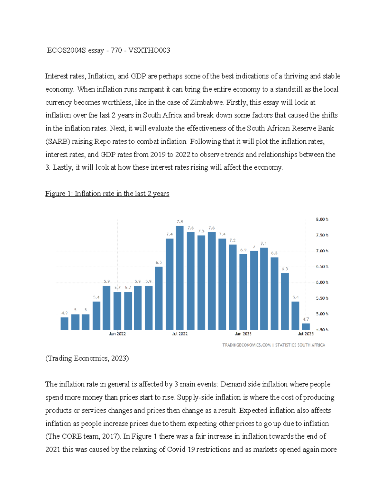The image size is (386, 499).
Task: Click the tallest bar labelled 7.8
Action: pyautogui.click(x=180, y=278)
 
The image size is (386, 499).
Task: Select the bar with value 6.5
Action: pyautogui.click(x=159, y=298)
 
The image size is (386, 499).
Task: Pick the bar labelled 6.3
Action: pyautogui.click(x=285, y=301)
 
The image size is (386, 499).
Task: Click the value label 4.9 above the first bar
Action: pyautogui.click(x=65, y=313)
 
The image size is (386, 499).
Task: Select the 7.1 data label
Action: pyautogui.click(x=264, y=244)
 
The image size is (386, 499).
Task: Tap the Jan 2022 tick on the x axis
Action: pyautogui.click(x=117, y=334)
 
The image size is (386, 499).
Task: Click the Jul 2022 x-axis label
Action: pyautogui.click(x=180, y=334)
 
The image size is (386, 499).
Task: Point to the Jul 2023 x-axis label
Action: pyautogui.click(x=306, y=334)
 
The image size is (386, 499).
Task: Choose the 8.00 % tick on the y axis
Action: pyautogui.click(x=322, y=219)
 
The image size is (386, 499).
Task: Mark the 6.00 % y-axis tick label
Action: pyautogui.click(x=322, y=282)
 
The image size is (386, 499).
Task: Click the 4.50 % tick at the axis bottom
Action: pyautogui.click(x=322, y=330)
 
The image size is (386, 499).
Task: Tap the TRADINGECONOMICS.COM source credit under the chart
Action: pyautogui.click(x=246, y=345)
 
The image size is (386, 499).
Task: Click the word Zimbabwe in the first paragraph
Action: pyautogui.click(x=207, y=102)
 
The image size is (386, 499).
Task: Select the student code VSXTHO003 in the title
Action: pyautogui.click(x=149, y=50)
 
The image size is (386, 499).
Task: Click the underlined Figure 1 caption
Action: pyautogui.click(x=107, y=194)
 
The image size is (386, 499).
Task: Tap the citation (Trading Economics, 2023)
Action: pyautogui.click(x=87, y=358)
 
